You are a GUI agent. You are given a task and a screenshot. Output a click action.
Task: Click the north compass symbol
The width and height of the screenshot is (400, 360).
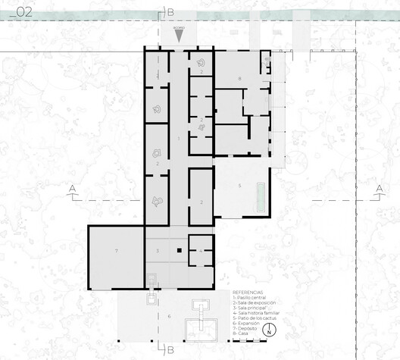point(269,331)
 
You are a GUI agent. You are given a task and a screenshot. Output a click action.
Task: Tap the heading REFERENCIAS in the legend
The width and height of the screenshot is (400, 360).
point(248,292)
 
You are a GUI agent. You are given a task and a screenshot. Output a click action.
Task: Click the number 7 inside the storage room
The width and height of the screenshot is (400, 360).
point(117,251)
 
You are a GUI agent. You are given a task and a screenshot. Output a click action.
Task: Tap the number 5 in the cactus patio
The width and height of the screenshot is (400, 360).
point(239,186)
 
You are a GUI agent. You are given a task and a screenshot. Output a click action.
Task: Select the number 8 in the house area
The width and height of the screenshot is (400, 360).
point(239,78)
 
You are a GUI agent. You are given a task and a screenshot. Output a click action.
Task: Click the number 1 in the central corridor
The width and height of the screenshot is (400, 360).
point(178,138)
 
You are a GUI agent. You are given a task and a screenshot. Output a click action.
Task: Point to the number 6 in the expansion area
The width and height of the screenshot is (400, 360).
point(170,316)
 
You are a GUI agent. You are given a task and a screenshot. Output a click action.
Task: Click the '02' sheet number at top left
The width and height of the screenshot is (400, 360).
point(24,13)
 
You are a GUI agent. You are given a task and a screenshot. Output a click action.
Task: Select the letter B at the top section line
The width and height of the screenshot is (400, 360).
point(170,12)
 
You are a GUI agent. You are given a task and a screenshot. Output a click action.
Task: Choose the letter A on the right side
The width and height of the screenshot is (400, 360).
point(378,188)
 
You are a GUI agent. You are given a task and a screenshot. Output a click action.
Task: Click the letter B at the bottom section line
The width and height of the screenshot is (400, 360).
point(170,349)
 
